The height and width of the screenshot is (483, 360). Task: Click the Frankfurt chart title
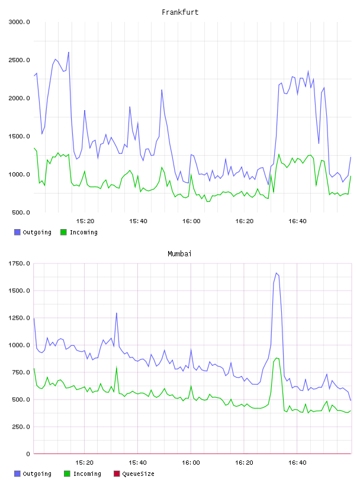180,12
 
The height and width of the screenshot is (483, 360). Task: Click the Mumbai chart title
179,254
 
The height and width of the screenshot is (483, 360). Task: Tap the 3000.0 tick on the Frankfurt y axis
20,22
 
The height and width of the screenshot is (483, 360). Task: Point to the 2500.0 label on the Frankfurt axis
20,60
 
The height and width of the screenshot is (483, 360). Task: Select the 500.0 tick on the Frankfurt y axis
21,212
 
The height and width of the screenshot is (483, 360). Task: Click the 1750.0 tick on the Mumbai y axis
20,263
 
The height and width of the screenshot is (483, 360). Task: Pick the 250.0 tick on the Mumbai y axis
21,427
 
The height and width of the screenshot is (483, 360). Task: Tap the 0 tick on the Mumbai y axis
28,454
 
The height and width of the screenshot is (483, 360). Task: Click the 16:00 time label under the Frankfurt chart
191,221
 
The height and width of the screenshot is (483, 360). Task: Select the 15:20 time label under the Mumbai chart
85,463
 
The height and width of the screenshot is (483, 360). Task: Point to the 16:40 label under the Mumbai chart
297,463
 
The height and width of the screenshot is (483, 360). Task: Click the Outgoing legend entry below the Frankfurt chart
33,232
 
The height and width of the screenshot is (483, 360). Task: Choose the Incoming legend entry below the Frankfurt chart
79,232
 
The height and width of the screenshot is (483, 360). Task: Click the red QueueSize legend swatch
117,474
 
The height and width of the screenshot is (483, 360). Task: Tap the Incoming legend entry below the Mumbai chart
83,474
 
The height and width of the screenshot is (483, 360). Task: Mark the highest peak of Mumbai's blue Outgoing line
277,273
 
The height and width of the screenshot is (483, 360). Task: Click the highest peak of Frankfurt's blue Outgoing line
69,52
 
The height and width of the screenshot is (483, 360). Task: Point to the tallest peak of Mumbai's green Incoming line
277,358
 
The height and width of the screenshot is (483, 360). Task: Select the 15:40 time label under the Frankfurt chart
138,221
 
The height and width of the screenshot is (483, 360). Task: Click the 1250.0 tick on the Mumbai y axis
20,318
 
